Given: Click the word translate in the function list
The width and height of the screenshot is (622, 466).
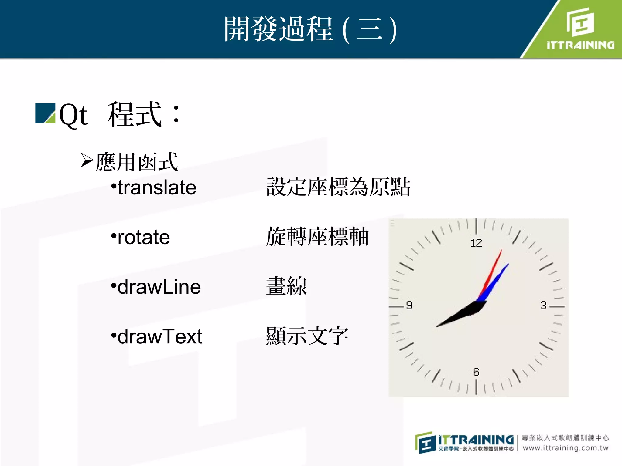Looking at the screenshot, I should pyautogui.click(x=157, y=187).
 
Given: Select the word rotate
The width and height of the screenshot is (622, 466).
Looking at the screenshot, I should pyautogui.click(x=143, y=237).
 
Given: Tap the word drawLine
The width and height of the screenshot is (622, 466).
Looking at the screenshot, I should pyautogui.click(x=159, y=287).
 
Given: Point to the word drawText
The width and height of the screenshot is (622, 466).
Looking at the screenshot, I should pyautogui.click(x=160, y=336).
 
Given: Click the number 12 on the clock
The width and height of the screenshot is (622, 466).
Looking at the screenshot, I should pyautogui.click(x=476, y=243).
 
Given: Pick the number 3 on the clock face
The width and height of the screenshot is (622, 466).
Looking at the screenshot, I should pyautogui.click(x=543, y=305).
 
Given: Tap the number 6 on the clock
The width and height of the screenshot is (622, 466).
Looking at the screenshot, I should pyautogui.click(x=476, y=372).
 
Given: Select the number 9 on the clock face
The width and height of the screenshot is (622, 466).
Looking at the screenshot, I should pyautogui.click(x=409, y=305).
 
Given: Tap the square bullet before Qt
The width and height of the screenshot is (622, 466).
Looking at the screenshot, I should pyautogui.click(x=45, y=113).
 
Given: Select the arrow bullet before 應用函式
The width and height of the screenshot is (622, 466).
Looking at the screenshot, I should pyautogui.click(x=87, y=160).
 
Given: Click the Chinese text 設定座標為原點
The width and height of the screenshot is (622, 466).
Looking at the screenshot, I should pyautogui.click(x=338, y=187).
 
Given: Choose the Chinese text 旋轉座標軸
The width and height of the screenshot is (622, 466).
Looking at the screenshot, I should pyautogui.click(x=317, y=237).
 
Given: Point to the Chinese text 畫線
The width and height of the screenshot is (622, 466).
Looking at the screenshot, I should pyautogui.click(x=286, y=286).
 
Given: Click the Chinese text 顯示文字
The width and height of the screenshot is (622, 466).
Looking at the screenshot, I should pyautogui.click(x=307, y=336).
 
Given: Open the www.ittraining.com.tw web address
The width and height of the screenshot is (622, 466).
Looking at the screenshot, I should pyautogui.click(x=566, y=448).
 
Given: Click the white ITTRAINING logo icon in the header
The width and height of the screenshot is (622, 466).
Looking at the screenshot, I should pyautogui.click(x=580, y=22).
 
